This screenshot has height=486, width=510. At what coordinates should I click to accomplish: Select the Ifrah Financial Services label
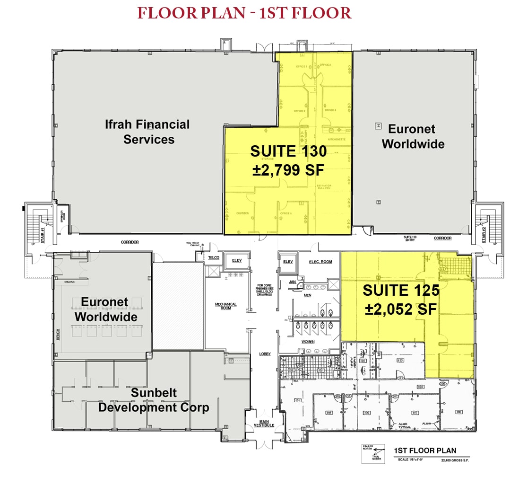(x=148, y=132)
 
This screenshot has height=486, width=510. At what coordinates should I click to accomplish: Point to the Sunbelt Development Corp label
(x=153, y=400)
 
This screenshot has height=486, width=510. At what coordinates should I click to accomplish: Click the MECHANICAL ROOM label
(x=225, y=307)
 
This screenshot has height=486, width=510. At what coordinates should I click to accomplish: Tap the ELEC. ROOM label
(x=321, y=261)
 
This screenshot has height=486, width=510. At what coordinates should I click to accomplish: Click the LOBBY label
(x=265, y=353)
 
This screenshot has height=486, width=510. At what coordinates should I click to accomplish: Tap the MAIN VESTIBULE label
(x=263, y=424)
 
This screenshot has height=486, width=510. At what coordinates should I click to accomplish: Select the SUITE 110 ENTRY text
(x=409, y=238)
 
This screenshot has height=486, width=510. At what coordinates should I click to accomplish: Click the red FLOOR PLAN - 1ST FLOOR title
(x=244, y=13)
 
